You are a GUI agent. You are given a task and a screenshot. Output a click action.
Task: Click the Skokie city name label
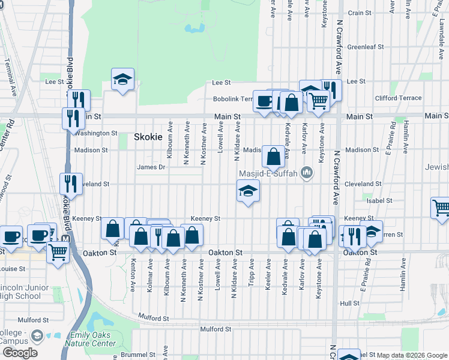click(x=148, y=137)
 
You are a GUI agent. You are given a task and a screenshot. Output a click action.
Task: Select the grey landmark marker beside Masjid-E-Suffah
click(x=307, y=174)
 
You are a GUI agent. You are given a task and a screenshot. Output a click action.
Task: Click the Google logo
click(x=20, y=353)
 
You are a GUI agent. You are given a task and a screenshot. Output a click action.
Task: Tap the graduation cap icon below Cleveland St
click(x=248, y=192)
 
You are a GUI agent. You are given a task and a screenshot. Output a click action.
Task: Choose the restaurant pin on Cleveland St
click(x=71, y=184)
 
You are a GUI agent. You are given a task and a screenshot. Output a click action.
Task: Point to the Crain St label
click(x=360, y=13)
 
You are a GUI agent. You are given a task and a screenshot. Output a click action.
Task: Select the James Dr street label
click(x=151, y=167)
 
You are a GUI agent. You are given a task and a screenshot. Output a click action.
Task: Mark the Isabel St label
click(x=381, y=200)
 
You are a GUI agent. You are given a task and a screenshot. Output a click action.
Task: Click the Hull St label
click(x=349, y=304)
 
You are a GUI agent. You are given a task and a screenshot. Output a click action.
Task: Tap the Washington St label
click(x=96, y=133)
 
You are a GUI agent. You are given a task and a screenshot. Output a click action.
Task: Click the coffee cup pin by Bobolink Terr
click(x=264, y=101)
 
